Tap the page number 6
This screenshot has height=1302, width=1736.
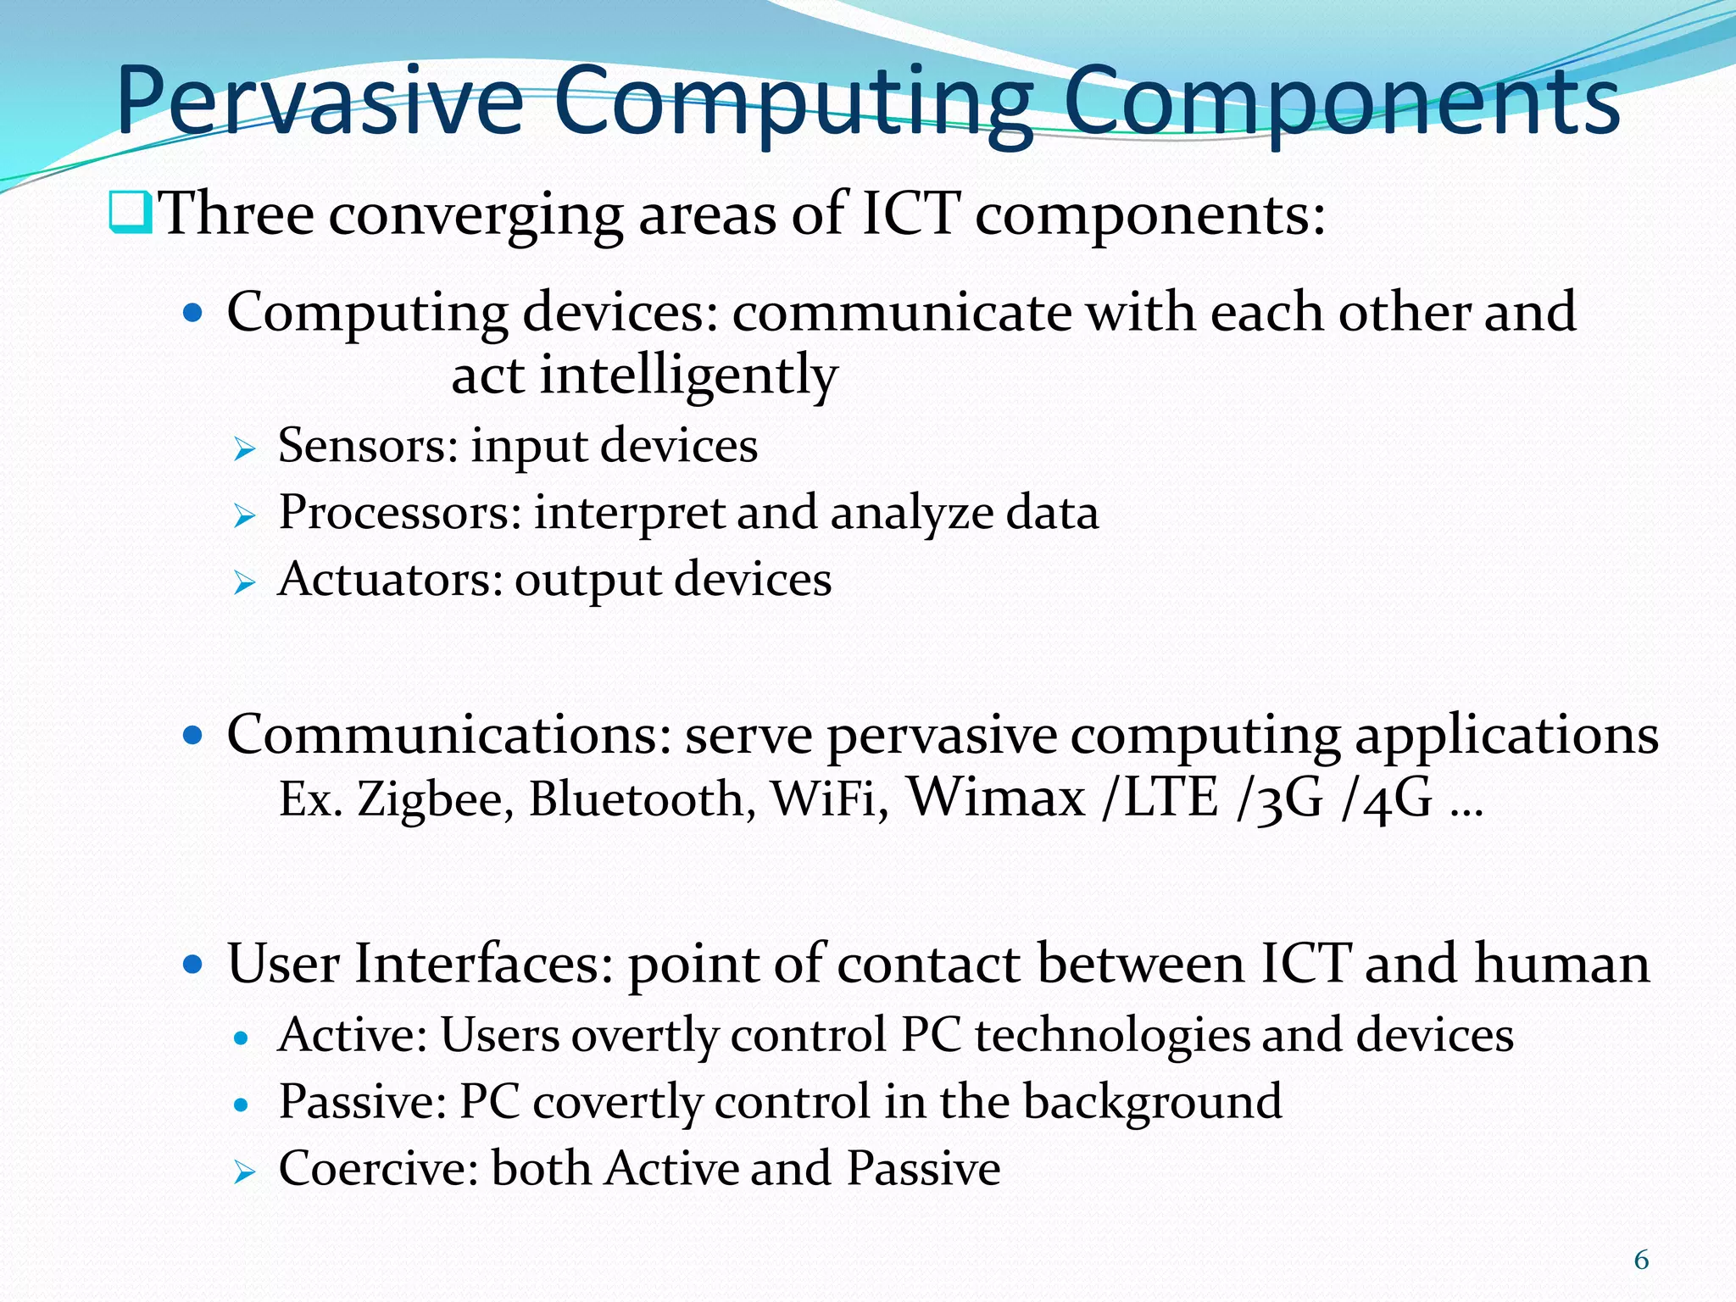point(1641,1260)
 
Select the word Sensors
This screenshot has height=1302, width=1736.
point(367,445)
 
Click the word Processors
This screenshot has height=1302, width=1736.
point(399,513)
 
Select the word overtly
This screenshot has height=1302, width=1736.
point(644,1036)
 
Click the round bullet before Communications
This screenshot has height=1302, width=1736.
point(194,735)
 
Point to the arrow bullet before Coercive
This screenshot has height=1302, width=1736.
point(244,1173)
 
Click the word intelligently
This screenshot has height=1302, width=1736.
point(688,376)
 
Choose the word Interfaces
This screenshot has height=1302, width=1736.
point(482,965)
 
